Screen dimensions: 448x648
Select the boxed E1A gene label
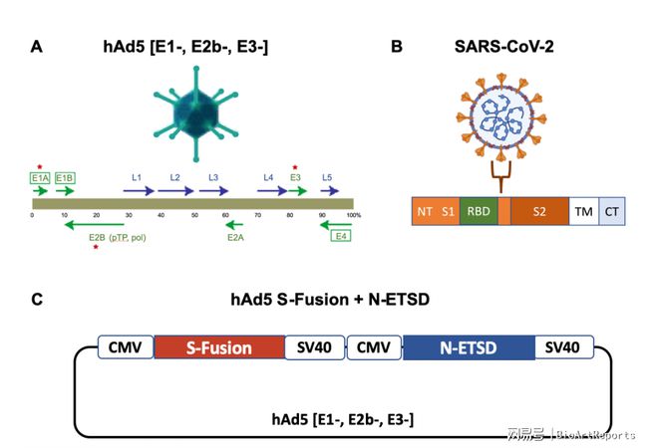40,178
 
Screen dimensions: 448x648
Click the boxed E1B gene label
66,178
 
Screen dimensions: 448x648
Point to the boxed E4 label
341,236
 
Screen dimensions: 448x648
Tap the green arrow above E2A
236,224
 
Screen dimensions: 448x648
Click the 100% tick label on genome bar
354,214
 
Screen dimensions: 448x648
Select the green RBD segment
479,210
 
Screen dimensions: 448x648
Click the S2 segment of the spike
539,210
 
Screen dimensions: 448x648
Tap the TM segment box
582,210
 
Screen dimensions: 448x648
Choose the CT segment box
611,210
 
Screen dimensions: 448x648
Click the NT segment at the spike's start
425,210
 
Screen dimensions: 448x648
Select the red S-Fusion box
218,347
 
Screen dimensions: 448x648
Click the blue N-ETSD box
469,347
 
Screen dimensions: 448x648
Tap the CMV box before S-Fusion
126,347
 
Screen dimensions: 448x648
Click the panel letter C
37,298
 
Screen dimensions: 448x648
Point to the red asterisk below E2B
96,248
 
